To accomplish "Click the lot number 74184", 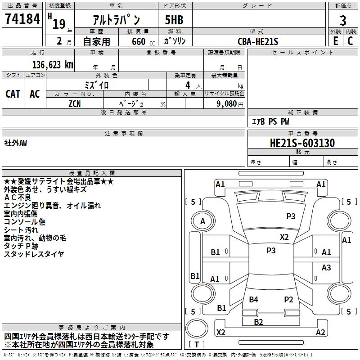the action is (x=22, y=18).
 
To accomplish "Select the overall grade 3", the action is (x=343, y=21).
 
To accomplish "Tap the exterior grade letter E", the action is (x=335, y=41).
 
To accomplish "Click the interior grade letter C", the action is (x=350, y=41).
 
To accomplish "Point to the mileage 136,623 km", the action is (x=53, y=65).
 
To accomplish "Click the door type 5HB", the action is (x=174, y=20).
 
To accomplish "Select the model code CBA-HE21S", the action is (x=258, y=41).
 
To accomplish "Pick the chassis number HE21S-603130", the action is (x=302, y=143).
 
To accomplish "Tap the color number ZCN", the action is (x=75, y=104).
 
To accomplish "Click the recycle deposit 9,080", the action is (x=227, y=104).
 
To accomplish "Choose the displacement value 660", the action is (x=139, y=41).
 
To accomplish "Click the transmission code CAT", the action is (x=13, y=94).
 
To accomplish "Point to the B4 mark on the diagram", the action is (x=253, y=299).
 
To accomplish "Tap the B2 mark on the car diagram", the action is (x=258, y=322).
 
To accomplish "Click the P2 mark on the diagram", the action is (x=288, y=299).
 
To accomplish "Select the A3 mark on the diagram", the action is (x=326, y=267).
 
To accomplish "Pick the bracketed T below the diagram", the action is (x=197, y=344).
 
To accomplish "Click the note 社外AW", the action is (x=15, y=143).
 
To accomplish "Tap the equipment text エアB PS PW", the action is (x=270, y=121).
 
